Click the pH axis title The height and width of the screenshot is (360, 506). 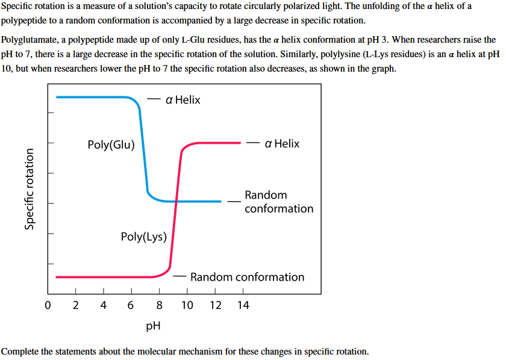pos(153,326)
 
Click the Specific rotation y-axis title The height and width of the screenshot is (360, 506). pos(28,190)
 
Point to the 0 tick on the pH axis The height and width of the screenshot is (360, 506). pos(48,305)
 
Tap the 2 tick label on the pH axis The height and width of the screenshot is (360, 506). pos(75,305)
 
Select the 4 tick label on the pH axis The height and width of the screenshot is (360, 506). pos(103,305)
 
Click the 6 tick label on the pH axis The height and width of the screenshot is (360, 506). pos(131,305)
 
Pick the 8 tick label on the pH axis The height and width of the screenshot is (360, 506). pos(159,305)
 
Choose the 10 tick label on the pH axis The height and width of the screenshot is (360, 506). pos(187,305)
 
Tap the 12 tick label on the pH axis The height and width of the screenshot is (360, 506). pos(215,305)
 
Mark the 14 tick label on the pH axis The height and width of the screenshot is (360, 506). pos(243,305)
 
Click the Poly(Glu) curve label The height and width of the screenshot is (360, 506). pos(111,144)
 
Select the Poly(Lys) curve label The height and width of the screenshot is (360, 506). pos(144,237)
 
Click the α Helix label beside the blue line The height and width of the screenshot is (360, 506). pos(183,100)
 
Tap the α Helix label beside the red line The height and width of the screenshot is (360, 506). pos(281,143)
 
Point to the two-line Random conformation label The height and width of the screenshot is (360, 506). pos(279,202)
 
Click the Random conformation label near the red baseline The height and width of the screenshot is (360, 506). pos(247,277)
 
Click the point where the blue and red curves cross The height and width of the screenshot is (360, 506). pos(176,201)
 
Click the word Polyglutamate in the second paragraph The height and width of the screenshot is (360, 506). pos(28,40)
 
